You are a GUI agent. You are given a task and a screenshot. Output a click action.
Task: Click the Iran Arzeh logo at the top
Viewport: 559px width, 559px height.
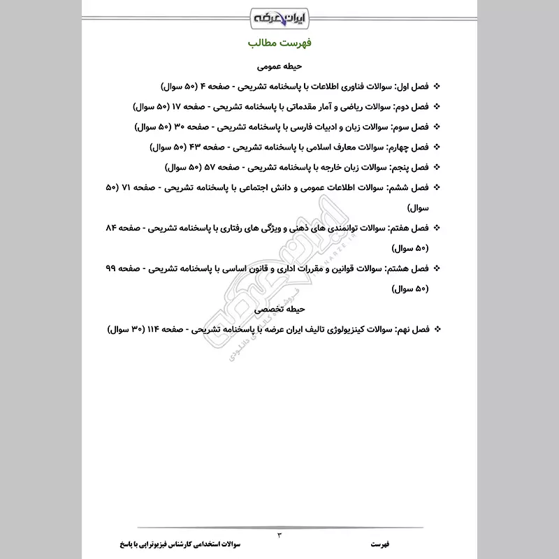tap(279, 15)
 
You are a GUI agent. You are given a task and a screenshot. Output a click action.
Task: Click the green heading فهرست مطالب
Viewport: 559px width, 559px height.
tap(279, 43)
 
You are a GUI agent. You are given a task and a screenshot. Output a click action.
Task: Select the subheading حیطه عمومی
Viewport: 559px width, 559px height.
tap(279, 67)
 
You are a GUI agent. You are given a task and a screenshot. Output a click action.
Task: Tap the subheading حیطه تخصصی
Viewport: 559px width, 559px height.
tap(279, 308)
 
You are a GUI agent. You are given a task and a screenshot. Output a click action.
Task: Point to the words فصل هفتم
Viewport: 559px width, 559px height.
tap(409, 228)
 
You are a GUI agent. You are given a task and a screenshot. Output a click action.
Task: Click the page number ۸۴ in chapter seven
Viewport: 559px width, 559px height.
tap(112, 228)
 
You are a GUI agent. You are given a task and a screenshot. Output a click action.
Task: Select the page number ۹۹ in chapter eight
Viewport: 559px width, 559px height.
tap(112, 268)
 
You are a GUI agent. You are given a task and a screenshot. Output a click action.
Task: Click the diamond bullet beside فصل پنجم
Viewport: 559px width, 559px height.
tap(437, 168)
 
